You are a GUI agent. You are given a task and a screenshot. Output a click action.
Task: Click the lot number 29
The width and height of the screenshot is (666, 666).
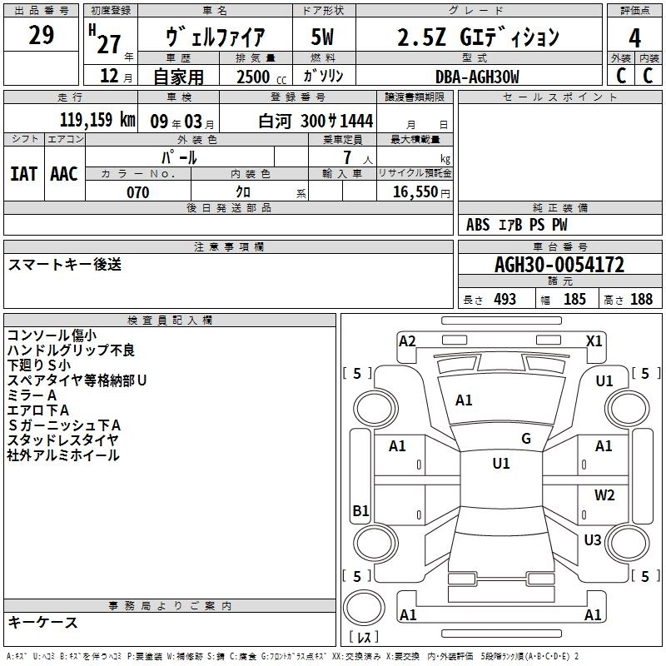42,35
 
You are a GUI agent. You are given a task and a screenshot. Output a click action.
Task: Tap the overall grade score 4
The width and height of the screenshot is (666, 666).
634,38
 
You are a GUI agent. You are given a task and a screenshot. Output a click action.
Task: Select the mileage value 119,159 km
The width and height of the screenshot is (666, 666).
97,120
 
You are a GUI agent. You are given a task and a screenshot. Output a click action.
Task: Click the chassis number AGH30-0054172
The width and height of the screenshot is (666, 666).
559,265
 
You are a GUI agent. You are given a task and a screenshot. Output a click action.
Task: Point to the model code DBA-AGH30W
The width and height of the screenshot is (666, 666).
477,77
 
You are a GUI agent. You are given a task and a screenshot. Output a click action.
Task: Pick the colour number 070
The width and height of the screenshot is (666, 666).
138,192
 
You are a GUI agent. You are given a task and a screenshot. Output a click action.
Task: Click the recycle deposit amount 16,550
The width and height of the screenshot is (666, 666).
415,192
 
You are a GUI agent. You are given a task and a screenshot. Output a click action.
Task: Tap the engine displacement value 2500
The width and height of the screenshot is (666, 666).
253,77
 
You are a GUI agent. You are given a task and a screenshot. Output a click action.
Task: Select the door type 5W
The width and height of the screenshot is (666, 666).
322,37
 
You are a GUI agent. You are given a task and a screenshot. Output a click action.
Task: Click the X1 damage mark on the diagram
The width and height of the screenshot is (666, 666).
594,340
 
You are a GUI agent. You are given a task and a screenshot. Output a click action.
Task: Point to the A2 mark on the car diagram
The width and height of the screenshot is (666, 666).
407,340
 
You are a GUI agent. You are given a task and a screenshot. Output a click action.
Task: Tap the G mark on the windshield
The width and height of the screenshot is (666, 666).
526,438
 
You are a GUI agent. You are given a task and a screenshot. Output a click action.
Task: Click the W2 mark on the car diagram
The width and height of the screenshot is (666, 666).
604,495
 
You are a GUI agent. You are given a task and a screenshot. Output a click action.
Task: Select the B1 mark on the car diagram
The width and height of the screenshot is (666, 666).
360,510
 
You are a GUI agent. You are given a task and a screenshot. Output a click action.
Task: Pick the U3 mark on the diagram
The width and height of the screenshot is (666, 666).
593,539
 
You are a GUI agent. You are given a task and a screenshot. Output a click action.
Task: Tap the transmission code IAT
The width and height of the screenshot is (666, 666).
24,174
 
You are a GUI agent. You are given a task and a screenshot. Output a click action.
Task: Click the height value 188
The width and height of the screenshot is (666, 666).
641,299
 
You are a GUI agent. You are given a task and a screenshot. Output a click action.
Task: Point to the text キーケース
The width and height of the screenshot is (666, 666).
42,622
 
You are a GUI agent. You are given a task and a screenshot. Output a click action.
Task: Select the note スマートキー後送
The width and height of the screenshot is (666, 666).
65,264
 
